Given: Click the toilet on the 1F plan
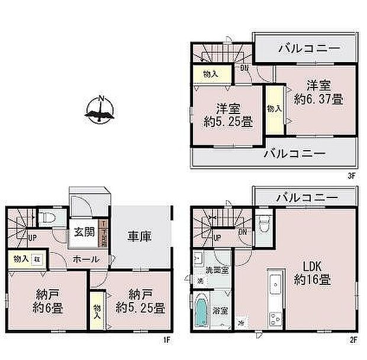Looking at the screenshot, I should coord(51,218).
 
